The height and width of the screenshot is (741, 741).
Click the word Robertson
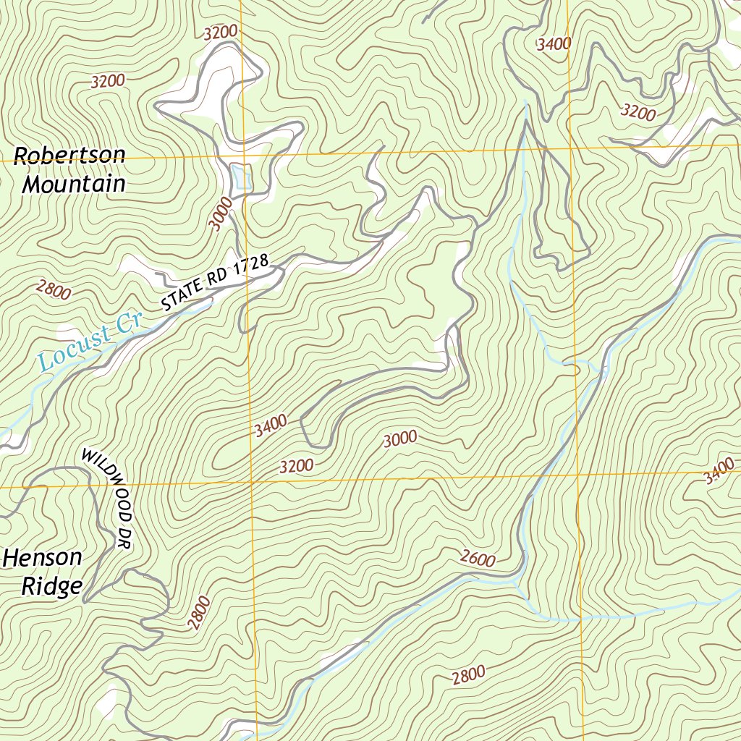(x=69, y=156)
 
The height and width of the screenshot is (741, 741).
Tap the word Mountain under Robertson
(x=74, y=185)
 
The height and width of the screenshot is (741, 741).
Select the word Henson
(x=43, y=558)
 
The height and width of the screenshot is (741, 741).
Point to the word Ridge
(x=51, y=586)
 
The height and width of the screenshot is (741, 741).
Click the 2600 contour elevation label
(x=478, y=559)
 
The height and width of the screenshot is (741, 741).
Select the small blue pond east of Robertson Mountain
(x=241, y=177)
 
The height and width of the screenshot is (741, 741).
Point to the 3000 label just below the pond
(x=223, y=214)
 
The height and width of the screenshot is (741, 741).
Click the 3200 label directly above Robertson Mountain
(x=108, y=81)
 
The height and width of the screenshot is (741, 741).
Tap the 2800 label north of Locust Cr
(x=54, y=291)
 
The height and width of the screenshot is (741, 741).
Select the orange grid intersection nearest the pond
(x=243, y=156)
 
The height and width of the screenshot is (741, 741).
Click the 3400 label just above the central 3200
(x=271, y=425)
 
